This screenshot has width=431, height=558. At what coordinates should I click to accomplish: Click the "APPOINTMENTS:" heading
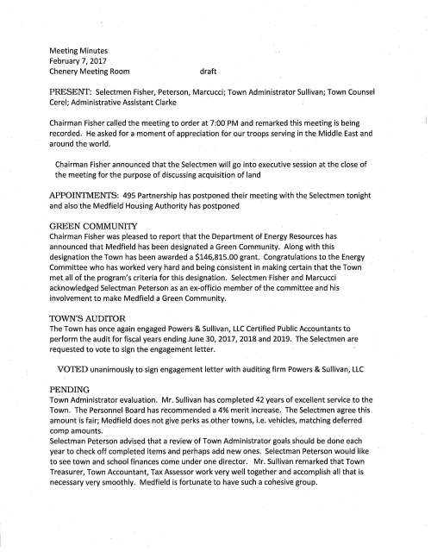[92, 195]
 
